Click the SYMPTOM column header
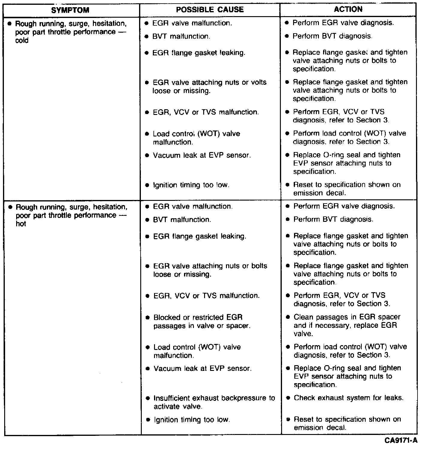point(70,10)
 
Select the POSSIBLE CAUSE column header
point(210,10)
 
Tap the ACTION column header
point(348,9)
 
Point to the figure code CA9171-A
point(401,441)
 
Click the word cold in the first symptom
point(22,40)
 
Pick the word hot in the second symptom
point(21,224)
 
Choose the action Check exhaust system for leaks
point(349,398)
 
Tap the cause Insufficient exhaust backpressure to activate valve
point(214,402)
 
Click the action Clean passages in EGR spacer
point(347,325)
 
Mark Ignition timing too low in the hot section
point(192,420)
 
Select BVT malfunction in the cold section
point(181,37)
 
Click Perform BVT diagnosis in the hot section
point(333,219)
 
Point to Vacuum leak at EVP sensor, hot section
point(203,368)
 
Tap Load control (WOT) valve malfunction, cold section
point(196,138)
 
